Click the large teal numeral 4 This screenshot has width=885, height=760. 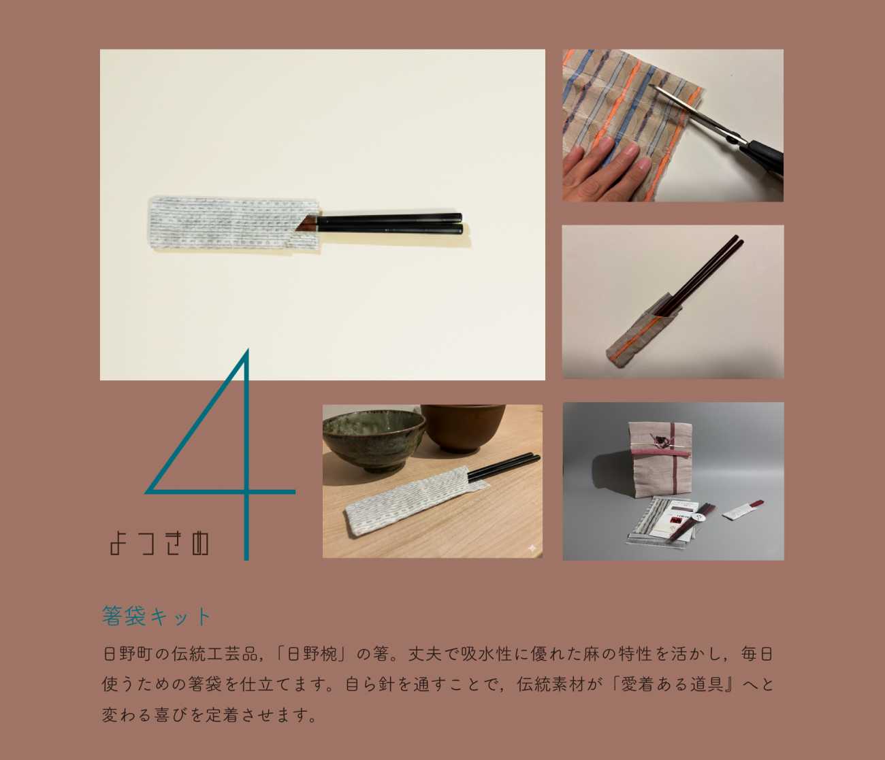(246, 492)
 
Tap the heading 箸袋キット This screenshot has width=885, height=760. (157, 616)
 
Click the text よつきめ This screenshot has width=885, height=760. (160, 544)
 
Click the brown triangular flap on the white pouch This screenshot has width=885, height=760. (306, 223)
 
